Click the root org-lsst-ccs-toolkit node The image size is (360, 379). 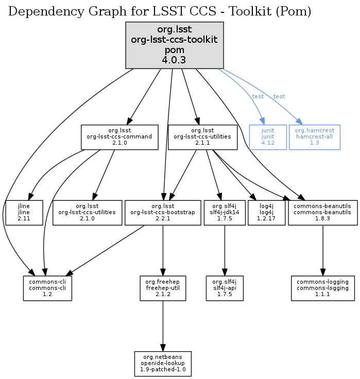pos(175,45)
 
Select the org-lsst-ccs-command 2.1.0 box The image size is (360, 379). pos(119,137)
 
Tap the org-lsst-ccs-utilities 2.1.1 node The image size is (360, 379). pos(203,137)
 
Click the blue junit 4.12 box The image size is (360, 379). pos(267,137)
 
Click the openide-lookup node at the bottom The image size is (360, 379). pos(163,364)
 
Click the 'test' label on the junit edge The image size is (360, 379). pos(258,97)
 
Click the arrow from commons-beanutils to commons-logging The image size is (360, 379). pos(323,250)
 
